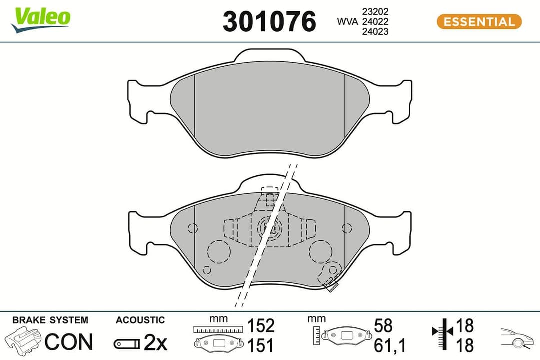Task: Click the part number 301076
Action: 270,22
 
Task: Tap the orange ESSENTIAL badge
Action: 479,22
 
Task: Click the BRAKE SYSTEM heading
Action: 50,320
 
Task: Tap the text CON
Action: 69,342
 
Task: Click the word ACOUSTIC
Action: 140,320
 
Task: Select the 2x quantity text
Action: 155,343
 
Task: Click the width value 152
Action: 261,326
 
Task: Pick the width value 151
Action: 261,345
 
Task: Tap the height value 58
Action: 384,326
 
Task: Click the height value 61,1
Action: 390,345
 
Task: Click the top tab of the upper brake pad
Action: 270,56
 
